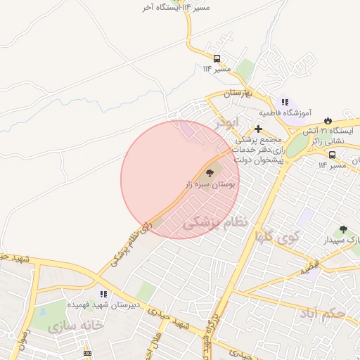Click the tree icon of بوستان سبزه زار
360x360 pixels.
(x=209, y=172)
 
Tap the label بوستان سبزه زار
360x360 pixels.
(x=208, y=184)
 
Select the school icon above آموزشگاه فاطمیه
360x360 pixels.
(x=284, y=102)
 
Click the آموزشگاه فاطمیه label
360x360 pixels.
(x=283, y=112)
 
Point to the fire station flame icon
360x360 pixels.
(x=327, y=120)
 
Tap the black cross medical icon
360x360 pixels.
(x=259, y=129)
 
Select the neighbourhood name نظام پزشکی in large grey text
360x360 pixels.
(x=216, y=223)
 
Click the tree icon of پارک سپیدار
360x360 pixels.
(x=342, y=229)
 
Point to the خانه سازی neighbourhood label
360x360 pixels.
(x=76, y=326)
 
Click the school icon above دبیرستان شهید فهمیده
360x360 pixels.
(x=103, y=294)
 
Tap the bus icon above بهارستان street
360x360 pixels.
(x=217, y=58)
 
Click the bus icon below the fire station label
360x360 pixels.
(x=331, y=155)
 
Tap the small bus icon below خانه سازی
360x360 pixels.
(x=87, y=352)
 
